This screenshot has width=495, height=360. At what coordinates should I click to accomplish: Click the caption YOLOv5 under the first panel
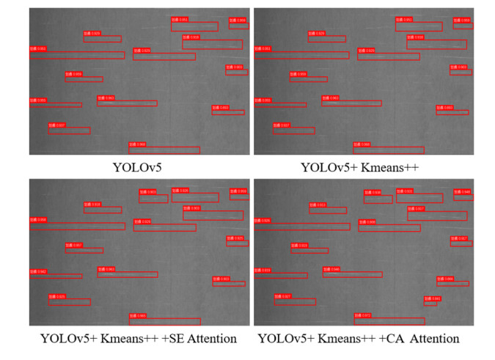pos(137,167)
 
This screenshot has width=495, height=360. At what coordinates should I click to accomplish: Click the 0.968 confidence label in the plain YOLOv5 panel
pos(137,144)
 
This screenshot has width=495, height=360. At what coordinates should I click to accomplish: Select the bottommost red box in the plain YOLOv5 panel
pos(164,150)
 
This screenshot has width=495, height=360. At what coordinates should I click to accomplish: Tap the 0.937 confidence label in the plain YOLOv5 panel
pos(57,125)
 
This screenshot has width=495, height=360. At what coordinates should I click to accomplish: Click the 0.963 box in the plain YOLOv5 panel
pos(127,103)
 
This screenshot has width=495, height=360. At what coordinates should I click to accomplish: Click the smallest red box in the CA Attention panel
pos(430,302)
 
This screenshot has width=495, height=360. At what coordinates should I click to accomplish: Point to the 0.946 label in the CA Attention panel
pos(462,192)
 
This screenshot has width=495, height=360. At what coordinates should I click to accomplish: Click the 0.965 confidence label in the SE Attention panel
pos(138,315)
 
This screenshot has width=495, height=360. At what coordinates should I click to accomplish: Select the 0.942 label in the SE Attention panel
pos(38,271)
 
